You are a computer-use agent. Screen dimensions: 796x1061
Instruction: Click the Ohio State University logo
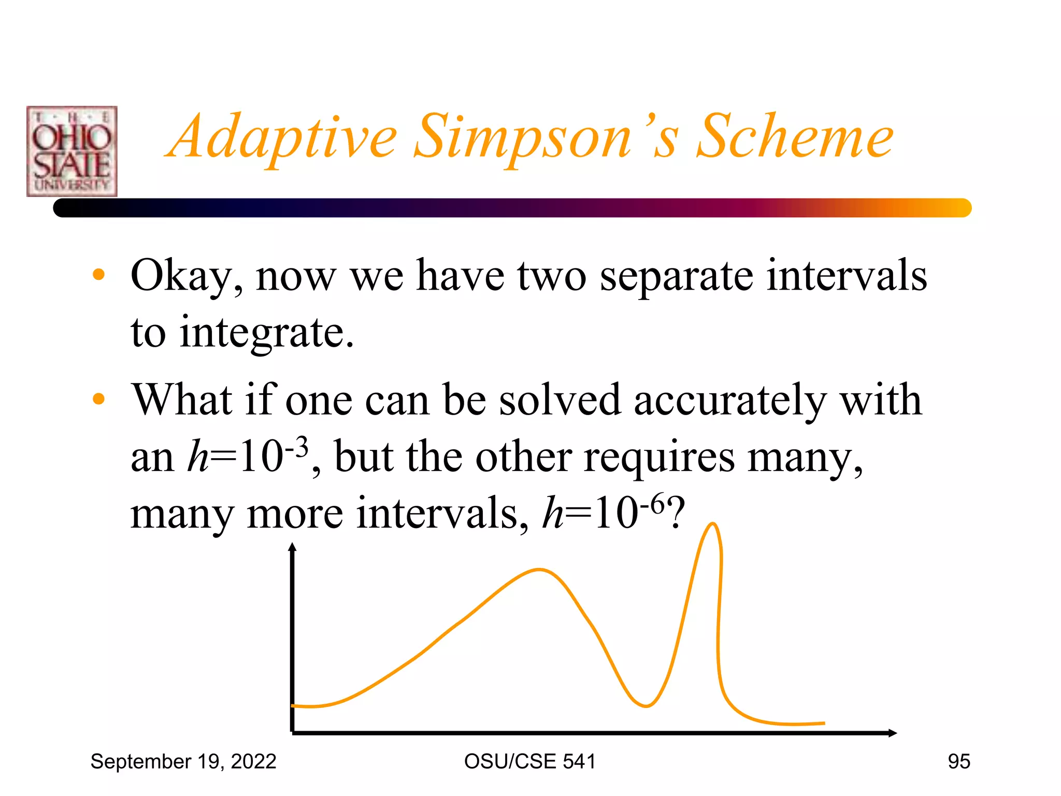pos(71,151)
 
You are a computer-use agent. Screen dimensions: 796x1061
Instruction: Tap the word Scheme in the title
pos(795,137)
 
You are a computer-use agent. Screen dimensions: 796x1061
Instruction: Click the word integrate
pos(266,333)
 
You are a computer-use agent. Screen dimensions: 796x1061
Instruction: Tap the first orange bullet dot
pos(98,275)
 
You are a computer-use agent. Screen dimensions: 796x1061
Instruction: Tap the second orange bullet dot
pos(98,399)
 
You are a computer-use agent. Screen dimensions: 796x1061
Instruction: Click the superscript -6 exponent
pos(652,503)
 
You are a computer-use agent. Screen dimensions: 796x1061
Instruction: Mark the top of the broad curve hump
pos(539,570)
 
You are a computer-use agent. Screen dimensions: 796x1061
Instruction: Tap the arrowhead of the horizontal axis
pos(892,733)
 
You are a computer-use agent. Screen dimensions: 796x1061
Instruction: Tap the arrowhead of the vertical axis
pos(293,547)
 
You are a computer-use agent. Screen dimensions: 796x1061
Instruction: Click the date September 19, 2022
pos(183,762)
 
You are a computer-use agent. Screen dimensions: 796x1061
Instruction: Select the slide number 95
pos(958,762)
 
